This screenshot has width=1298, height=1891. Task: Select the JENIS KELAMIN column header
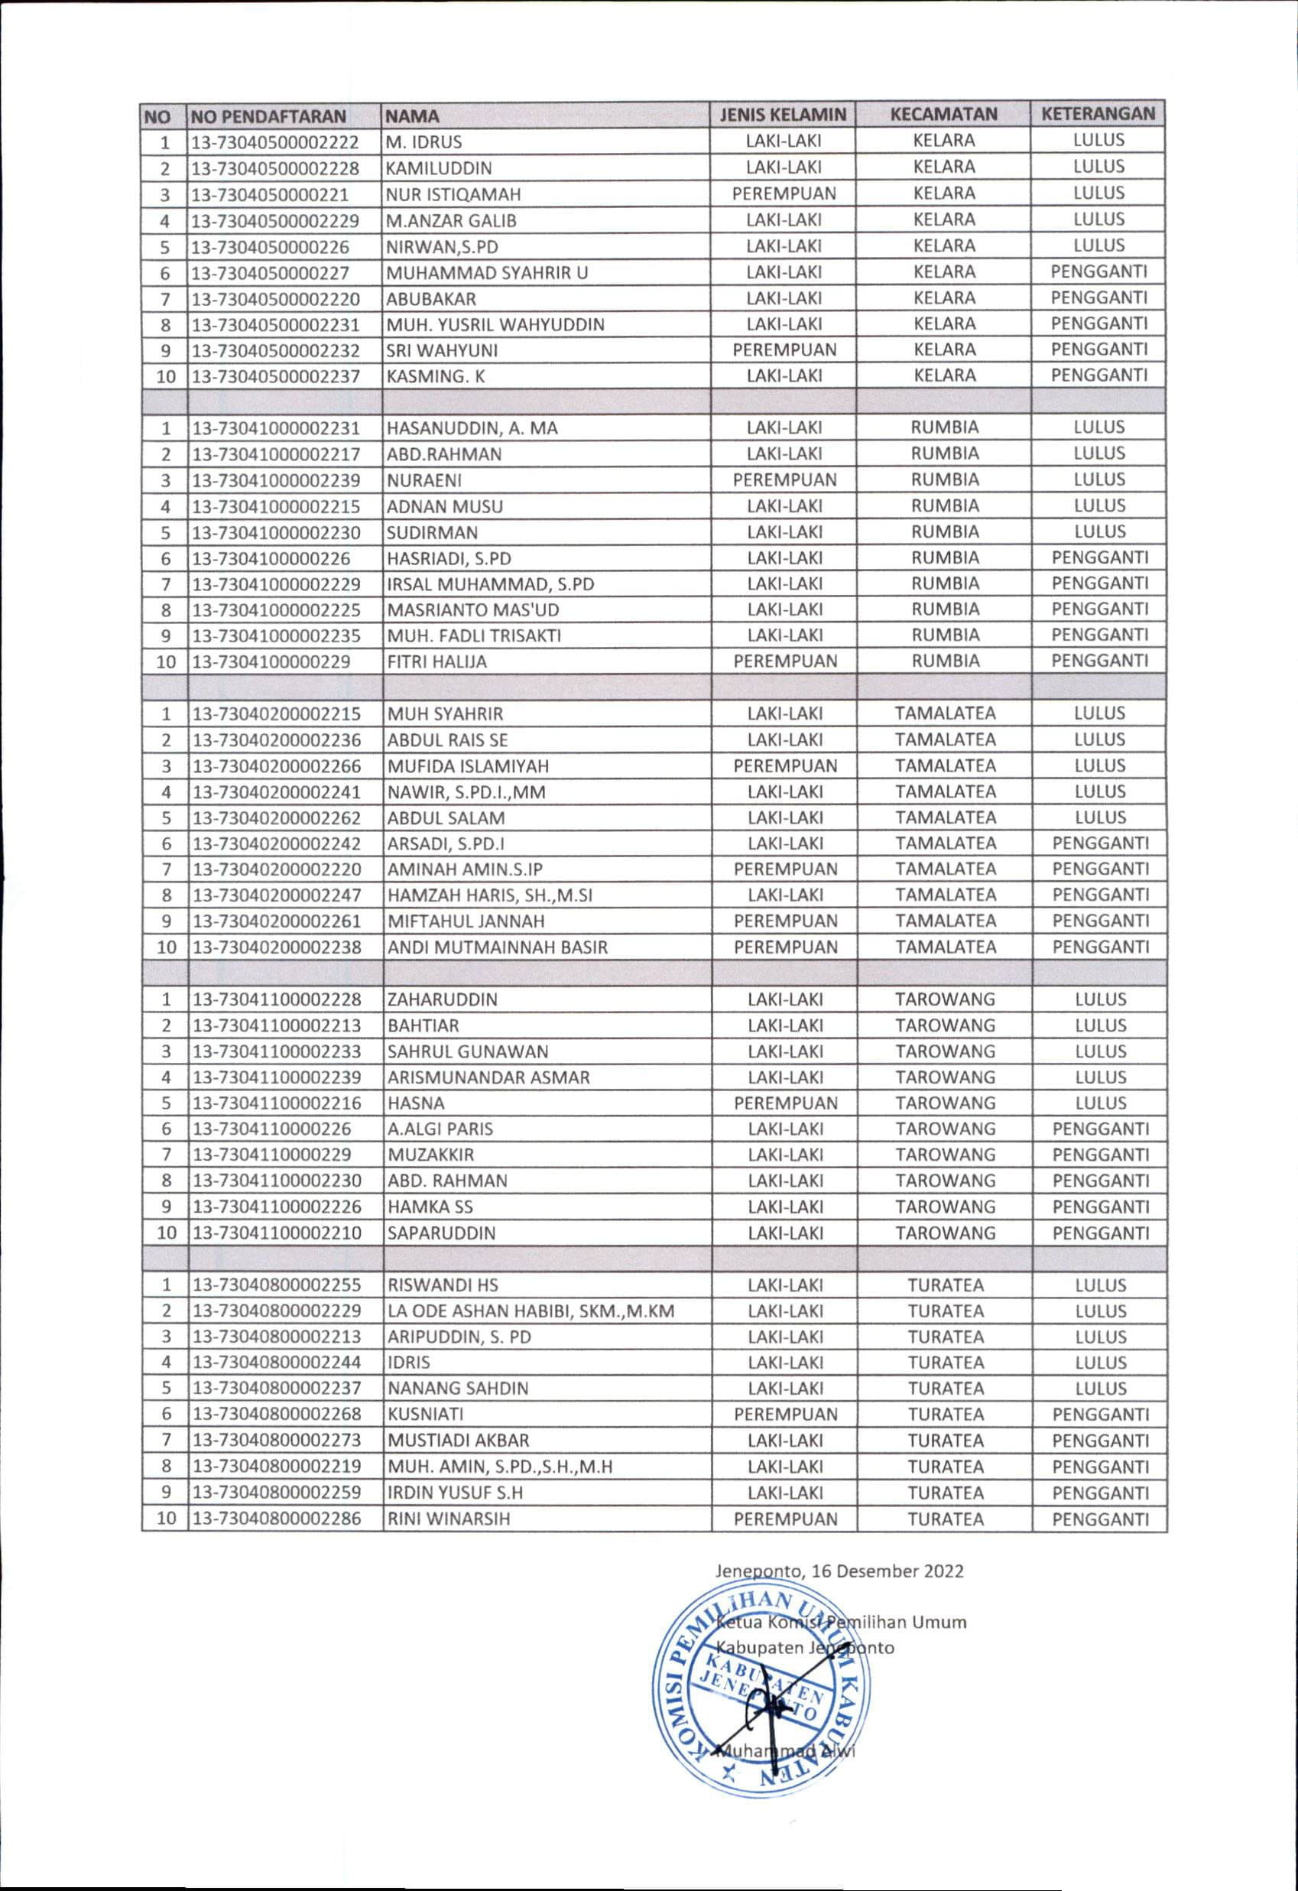click(782, 115)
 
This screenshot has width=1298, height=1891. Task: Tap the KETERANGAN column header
click(1097, 114)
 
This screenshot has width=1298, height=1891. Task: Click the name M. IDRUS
click(423, 142)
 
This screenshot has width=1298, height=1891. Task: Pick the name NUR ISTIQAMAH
click(453, 194)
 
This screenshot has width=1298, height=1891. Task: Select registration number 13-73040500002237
click(276, 377)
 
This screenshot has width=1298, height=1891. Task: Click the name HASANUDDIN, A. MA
click(472, 428)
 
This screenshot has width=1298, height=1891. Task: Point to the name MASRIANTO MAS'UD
click(472, 610)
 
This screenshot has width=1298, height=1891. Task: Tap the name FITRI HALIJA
click(436, 662)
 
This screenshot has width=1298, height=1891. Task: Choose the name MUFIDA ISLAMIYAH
click(468, 766)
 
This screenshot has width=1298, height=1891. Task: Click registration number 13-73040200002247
click(277, 896)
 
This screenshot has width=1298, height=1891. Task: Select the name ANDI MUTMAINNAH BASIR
click(497, 948)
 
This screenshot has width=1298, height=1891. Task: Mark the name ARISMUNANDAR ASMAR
click(488, 1078)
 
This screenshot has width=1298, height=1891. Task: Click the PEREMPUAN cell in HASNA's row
click(785, 1103)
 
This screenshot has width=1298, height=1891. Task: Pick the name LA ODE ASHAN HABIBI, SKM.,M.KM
click(531, 1311)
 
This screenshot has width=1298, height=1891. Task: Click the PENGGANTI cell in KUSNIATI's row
click(1099, 1415)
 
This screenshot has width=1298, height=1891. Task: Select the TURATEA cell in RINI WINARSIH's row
click(945, 1519)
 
